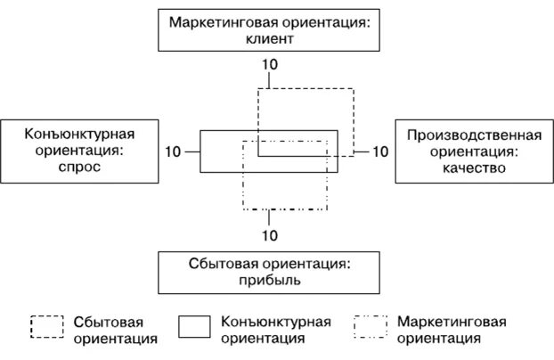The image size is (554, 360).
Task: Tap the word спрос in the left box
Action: coord(68,167)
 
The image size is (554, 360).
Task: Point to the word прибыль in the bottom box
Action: coord(269,280)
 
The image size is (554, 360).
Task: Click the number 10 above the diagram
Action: coord(269,65)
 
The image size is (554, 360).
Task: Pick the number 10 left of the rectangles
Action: coord(174,151)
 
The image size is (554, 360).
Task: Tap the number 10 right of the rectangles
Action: coord(380,151)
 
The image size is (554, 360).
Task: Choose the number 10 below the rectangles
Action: coord(269,235)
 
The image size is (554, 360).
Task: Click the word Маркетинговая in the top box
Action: coord(219,21)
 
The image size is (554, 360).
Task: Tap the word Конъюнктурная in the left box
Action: coord(68,134)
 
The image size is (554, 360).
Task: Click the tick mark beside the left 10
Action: coord(192,151)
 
